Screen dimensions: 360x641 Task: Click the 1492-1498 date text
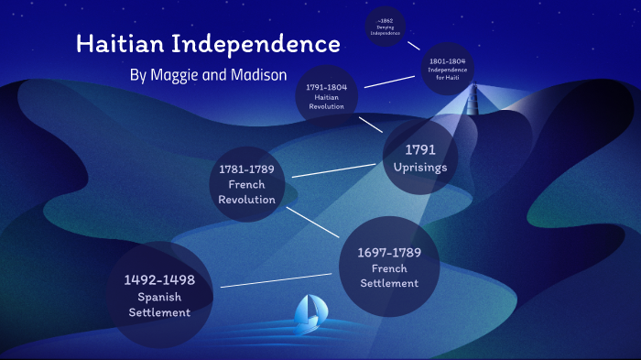(x=159, y=279)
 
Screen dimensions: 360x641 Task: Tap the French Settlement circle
(x=390, y=267)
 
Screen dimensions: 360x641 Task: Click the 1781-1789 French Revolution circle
(x=247, y=184)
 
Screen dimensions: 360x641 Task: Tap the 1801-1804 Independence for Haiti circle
(x=448, y=67)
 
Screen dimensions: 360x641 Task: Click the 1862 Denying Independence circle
(x=386, y=28)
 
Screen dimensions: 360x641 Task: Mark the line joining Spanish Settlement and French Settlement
(x=279, y=280)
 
